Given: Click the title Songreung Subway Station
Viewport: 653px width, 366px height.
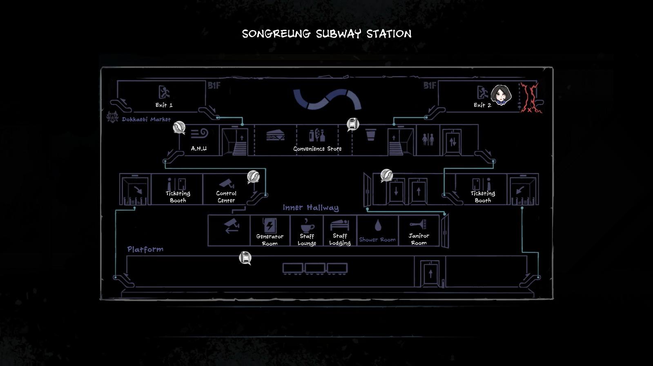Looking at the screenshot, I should click(327, 34).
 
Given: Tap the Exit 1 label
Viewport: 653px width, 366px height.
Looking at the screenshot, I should click(164, 105).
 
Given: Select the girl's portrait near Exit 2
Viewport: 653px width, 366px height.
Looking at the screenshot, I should click(501, 95).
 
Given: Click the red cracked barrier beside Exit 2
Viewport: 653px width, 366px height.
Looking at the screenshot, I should click(530, 98).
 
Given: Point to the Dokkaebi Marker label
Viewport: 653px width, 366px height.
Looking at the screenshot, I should click(146, 120).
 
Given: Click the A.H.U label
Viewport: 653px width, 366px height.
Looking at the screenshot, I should click(199, 149).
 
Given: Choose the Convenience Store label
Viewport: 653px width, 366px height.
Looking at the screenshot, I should click(317, 149).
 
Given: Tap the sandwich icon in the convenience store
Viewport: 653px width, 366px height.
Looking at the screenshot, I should click(275, 135).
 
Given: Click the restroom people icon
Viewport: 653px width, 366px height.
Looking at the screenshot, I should click(428, 139).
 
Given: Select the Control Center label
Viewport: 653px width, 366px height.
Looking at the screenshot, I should click(226, 197).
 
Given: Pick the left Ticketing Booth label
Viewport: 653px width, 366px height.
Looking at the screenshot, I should click(178, 197).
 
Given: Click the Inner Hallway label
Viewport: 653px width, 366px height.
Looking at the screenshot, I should click(311, 208).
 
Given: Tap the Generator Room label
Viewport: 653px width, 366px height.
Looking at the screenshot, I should click(270, 240).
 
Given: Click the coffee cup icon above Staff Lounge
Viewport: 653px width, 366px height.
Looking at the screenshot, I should click(307, 225).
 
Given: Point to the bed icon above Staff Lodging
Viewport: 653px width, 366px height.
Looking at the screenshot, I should click(340, 225).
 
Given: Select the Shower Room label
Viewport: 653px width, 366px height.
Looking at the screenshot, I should click(377, 240).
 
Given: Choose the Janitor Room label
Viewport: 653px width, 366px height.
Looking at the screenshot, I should click(419, 239).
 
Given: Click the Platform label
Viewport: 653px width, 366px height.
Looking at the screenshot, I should click(145, 249).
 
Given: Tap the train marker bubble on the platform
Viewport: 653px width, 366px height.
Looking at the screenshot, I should click(245, 257).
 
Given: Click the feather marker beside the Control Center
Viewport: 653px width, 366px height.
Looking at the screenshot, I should click(253, 177).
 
